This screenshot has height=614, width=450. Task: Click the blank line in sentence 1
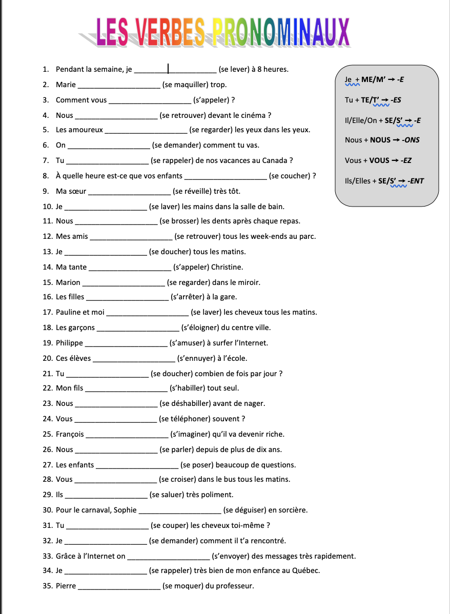175,70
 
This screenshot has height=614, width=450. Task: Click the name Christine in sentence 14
227,267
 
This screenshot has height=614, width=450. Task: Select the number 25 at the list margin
48,434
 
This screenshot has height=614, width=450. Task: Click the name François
70,434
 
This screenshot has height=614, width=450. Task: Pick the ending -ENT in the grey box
416,181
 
